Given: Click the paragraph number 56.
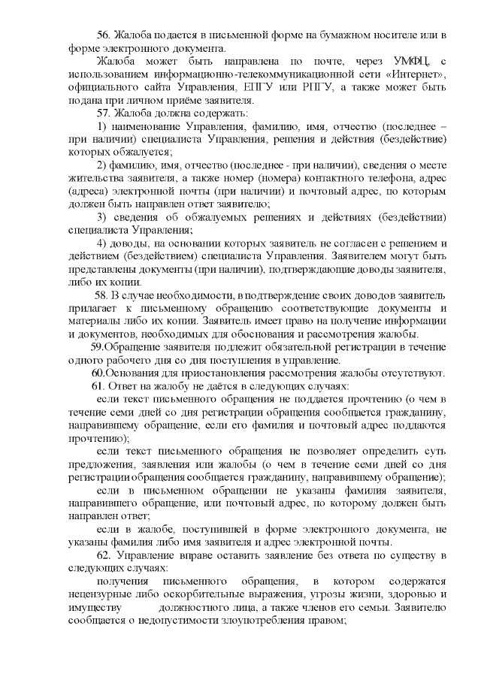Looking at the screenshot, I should [104, 36].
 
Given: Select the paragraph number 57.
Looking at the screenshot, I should [104, 113].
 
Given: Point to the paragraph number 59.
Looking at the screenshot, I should [97, 347].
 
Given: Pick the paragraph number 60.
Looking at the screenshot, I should [98, 373].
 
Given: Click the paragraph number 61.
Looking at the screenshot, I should [104, 385].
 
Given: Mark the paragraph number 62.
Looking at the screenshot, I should [104, 555].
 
